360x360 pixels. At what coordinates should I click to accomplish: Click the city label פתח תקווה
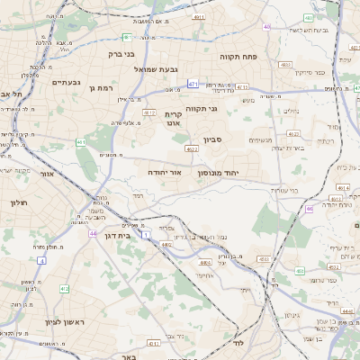pos(238,56)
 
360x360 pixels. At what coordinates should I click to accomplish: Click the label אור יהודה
pos(166,170)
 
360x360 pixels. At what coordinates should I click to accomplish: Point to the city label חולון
pos(20,202)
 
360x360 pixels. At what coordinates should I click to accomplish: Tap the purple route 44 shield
pos(93,233)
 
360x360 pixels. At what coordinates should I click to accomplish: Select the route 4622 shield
pos(192,149)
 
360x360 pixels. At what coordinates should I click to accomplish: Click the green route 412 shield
pos(64,289)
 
